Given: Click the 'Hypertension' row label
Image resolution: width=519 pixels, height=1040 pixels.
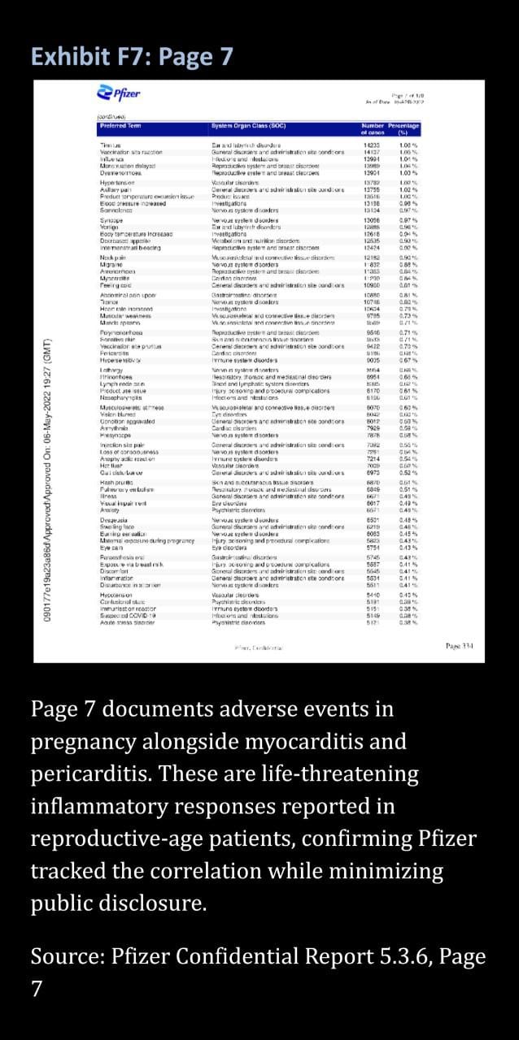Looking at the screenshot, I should pyautogui.click(x=116, y=184).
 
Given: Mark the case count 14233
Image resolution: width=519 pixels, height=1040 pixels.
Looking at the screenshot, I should pyautogui.click(x=376, y=144).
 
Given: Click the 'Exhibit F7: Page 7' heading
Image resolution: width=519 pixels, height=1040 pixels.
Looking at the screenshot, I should pyautogui.click(x=132, y=57).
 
